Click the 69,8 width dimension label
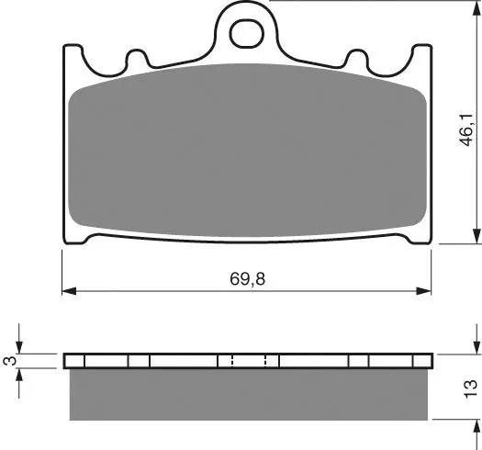[248, 279]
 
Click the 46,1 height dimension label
[466, 129]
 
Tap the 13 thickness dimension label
[470, 389]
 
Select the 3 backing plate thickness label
[10, 361]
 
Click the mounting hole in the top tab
[247, 34]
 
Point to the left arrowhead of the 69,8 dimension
[69, 291]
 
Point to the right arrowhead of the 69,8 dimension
[423, 291]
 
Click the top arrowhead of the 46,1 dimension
[476, 8]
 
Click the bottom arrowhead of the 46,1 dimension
[476, 236]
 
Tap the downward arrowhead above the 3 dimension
[19, 346]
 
